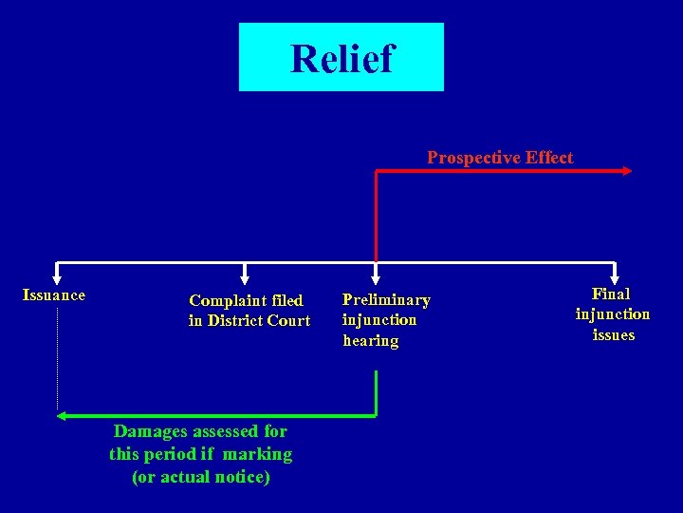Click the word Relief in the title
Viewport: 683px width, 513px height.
(x=341, y=58)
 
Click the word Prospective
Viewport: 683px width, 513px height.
(x=469, y=158)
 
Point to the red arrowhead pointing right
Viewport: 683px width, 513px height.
(x=627, y=171)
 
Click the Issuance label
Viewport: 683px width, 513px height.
(x=54, y=295)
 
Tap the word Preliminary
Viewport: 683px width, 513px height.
(x=386, y=300)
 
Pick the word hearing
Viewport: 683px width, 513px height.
(x=371, y=341)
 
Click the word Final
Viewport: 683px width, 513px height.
(x=612, y=294)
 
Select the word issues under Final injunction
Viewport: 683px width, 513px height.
(x=613, y=335)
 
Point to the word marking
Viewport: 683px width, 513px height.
(x=257, y=454)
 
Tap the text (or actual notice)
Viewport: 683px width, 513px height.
(x=201, y=477)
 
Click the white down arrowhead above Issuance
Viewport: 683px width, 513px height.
(x=57, y=278)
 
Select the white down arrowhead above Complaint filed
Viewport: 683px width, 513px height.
(x=247, y=278)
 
